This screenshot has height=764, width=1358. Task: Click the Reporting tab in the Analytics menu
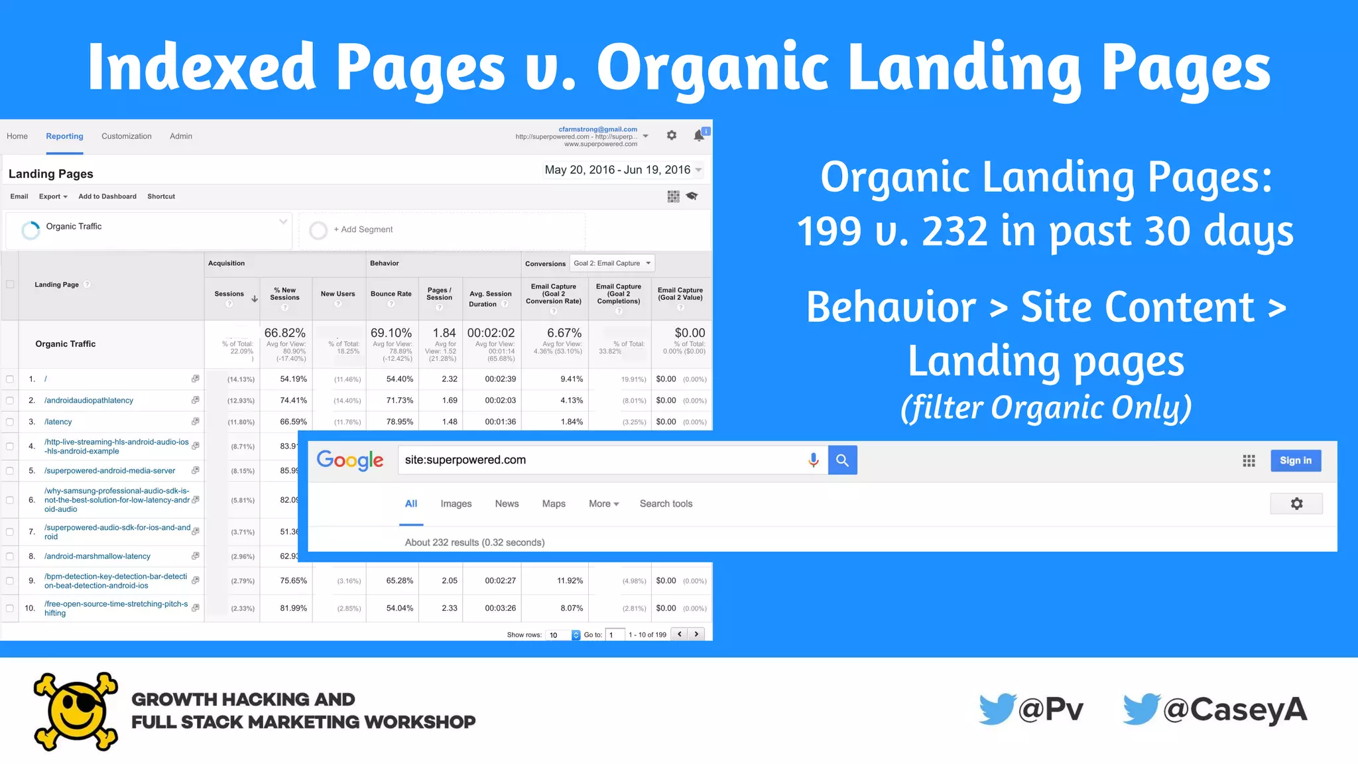click(x=64, y=136)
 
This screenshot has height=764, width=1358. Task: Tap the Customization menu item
click(x=126, y=136)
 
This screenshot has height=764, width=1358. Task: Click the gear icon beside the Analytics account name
click(x=672, y=135)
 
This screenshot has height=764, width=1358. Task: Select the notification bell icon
click(x=699, y=135)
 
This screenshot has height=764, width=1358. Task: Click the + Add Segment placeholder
click(x=363, y=229)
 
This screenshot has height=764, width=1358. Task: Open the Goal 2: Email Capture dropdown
click(x=612, y=263)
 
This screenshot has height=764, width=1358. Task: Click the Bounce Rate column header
click(x=391, y=294)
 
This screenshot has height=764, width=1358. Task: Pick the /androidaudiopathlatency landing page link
click(x=89, y=401)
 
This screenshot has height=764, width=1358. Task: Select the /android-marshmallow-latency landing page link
click(x=97, y=556)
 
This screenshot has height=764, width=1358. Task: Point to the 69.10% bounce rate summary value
click(x=391, y=333)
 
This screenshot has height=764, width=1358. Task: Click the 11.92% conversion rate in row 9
click(x=570, y=581)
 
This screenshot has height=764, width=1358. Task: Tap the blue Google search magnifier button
click(x=842, y=460)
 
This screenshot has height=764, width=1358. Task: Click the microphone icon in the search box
click(x=813, y=460)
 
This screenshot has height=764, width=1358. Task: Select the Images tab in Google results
click(x=456, y=504)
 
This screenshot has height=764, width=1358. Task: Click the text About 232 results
click(x=475, y=542)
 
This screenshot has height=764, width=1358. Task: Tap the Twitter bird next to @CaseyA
click(x=1141, y=710)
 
